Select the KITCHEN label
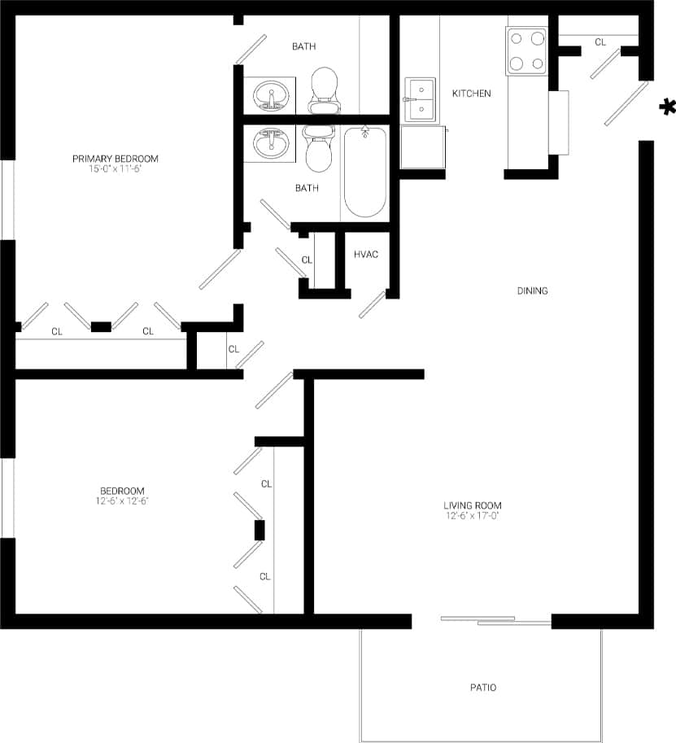click(472, 94)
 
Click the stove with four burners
click(526, 50)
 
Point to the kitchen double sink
click(421, 99)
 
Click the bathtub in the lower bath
click(364, 172)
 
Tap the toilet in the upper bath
click(324, 90)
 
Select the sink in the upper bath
click(269, 95)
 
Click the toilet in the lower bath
click(317, 146)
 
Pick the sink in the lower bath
click(269, 144)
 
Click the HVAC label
click(366, 255)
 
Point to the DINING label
click(533, 291)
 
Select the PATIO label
click(482, 688)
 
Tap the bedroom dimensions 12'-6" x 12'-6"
click(122, 501)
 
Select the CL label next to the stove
click(600, 42)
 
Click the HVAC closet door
click(373, 304)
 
